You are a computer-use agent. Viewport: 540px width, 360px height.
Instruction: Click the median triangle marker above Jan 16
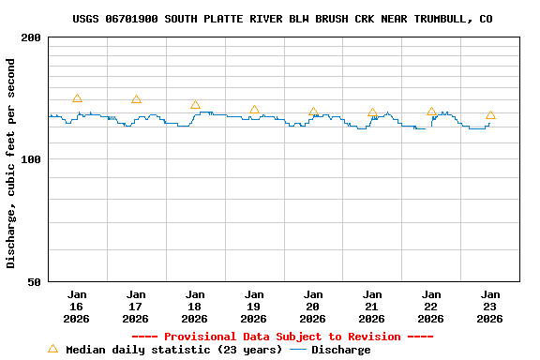point(77,98)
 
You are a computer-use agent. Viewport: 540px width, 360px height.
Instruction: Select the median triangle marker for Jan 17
point(136,99)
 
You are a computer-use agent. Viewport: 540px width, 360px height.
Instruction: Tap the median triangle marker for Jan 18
point(195,105)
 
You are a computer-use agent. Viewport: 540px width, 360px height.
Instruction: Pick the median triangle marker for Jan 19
point(254,110)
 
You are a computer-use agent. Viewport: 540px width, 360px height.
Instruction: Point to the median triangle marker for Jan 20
point(313,112)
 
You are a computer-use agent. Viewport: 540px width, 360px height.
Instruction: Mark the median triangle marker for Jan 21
point(372,112)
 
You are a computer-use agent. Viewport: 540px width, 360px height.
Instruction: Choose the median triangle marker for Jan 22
point(431,112)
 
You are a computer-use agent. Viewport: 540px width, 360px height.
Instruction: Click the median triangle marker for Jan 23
point(490,115)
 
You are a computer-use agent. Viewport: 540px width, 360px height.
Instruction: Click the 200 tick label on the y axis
point(31,37)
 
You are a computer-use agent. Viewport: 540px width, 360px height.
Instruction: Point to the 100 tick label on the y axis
point(31,159)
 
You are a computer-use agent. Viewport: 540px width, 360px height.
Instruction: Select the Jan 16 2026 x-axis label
point(77,306)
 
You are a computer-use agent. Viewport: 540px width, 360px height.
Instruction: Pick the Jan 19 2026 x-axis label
point(254,306)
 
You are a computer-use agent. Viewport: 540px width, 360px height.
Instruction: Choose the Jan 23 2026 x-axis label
point(490,306)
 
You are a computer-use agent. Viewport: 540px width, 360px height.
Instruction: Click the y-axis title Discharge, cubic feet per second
point(11,163)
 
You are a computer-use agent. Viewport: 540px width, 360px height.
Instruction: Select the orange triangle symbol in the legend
point(52,349)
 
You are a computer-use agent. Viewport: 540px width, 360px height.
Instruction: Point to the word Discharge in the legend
point(340,350)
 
